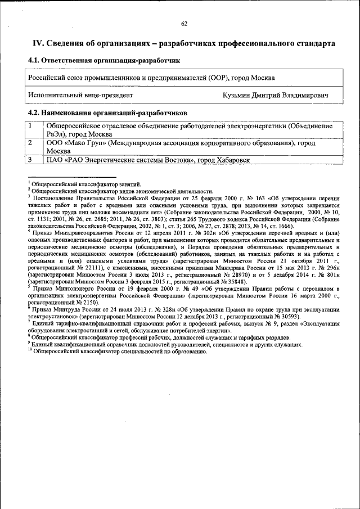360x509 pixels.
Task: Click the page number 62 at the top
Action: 184,24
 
